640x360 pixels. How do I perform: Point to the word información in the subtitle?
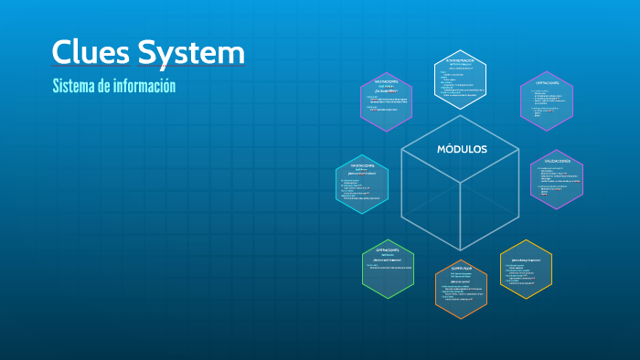[x=144, y=86]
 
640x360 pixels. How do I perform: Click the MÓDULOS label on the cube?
[x=462, y=149]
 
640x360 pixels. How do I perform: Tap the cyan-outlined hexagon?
[x=362, y=184]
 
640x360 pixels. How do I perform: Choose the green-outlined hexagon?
[x=388, y=269]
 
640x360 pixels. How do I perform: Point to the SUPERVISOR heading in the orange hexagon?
[x=461, y=269]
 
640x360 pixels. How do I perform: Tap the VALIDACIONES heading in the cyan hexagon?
[x=362, y=165]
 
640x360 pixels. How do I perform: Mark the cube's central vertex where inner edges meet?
[x=461, y=183]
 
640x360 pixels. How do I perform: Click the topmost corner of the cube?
[x=461, y=115]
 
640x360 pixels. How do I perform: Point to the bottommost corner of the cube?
[x=461, y=250]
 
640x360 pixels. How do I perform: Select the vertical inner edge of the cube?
[x=461, y=217]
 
